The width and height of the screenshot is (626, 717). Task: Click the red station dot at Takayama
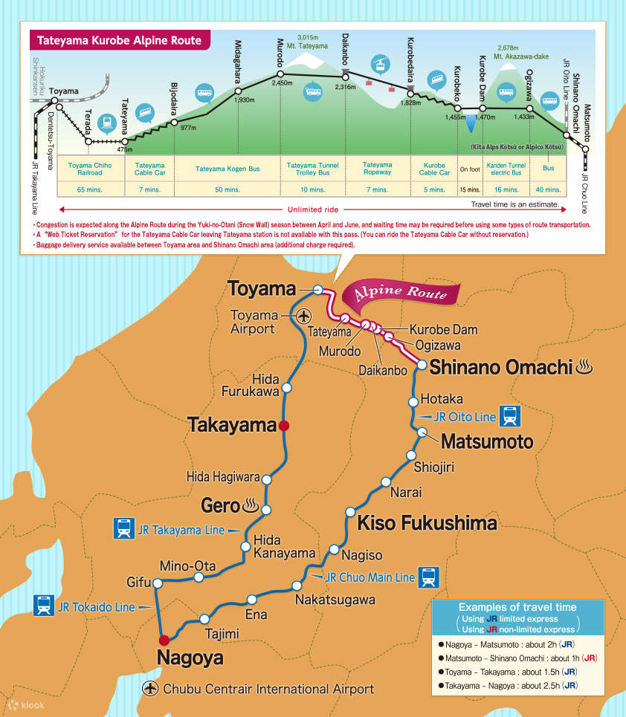[x=283, y=426]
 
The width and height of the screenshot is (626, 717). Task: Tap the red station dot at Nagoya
[x=164, y=639]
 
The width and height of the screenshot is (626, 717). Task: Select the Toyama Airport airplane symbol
[x=303, y=317]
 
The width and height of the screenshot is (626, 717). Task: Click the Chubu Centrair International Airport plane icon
[x=151, y=689]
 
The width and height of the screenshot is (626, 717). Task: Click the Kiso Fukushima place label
[x=427, y=523]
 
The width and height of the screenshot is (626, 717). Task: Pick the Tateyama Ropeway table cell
[x=377, y=169]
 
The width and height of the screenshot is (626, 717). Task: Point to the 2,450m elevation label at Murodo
[x=283, y=83]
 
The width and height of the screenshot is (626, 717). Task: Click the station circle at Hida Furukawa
[x=287, y=387]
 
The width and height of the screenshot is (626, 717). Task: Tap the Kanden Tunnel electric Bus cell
[x=506, y=169]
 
